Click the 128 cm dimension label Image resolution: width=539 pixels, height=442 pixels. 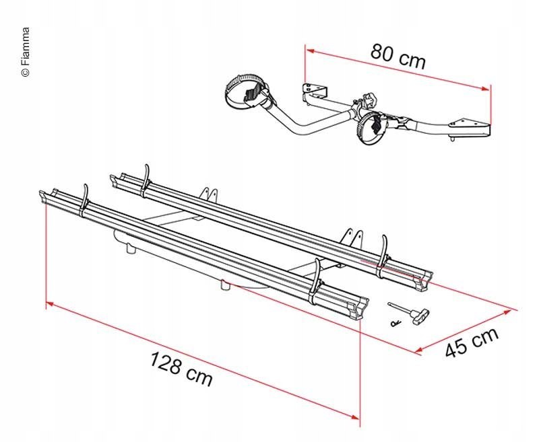(181, 369)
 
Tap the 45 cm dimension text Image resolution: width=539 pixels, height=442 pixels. (472, 342)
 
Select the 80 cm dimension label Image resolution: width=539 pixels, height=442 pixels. (398, 57)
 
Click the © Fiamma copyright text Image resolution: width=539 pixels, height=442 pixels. (26, 52)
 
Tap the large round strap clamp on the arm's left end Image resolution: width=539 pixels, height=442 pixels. (247, 91)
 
